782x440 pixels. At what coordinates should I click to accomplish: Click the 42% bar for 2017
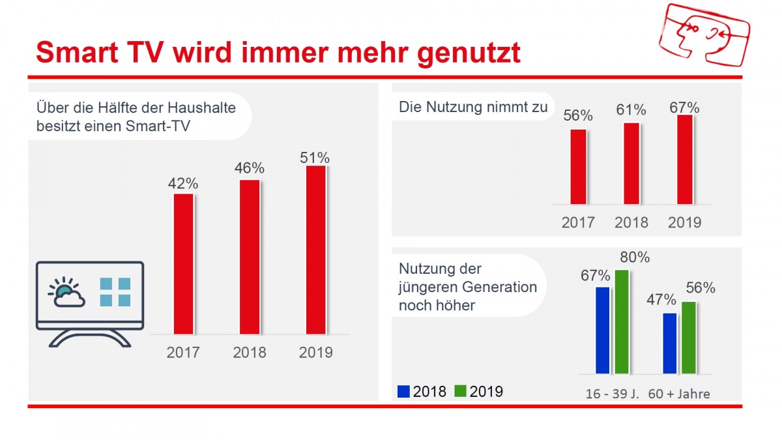(183, 263)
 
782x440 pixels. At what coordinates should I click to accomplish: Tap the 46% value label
(249, 168)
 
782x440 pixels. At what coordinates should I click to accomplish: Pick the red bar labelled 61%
(631, 163)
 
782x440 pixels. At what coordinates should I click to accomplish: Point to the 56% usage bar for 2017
(578, 167)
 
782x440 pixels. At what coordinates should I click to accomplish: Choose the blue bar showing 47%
(669, 343)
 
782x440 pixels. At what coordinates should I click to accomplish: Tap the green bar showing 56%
(689, 337)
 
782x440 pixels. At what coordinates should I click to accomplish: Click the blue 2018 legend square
(404, 391)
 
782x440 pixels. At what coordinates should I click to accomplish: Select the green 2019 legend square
(460, 391)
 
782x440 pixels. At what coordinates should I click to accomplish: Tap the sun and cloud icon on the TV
(66, 293)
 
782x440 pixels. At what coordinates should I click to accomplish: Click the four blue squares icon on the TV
(115, 292)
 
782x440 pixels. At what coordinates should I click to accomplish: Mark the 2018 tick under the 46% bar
(249, 353)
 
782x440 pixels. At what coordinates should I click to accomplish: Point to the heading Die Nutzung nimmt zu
(473, 108)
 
